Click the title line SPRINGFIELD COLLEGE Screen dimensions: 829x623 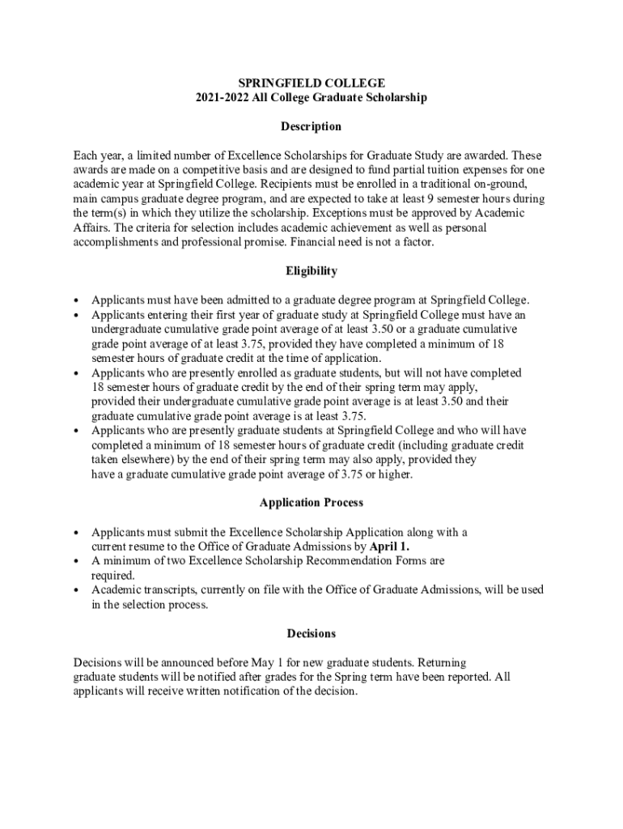[311, 83]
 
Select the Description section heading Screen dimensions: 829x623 [311, 126]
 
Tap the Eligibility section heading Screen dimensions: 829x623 [311, 270]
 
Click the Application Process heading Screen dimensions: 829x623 [311, 502]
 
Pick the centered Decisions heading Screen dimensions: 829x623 [311, 633]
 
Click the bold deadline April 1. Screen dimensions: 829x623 [389, 546]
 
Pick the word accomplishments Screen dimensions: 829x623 [117, 242]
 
